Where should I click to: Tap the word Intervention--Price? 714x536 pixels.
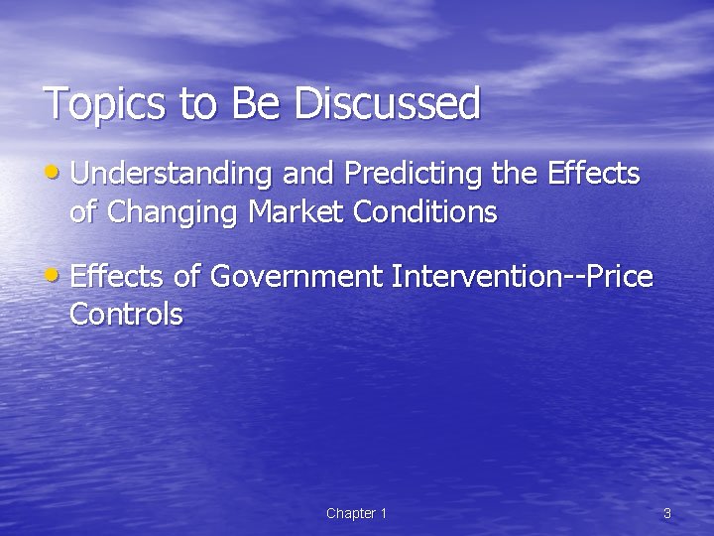pos(522,276)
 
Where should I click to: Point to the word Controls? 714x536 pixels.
pos(126,315)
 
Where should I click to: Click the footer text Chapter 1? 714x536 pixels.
pos(356,513)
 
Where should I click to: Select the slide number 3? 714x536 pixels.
pos(666,513)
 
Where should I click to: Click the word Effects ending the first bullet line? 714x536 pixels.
pos(593,175)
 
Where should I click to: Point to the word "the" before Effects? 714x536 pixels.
pos(515,175)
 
